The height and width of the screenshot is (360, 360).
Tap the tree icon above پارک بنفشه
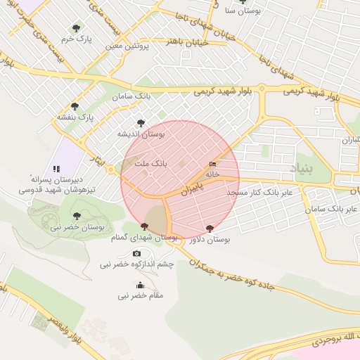point(75,106)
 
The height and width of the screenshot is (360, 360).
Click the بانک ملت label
point(150,162)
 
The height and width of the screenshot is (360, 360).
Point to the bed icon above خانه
point(212,165)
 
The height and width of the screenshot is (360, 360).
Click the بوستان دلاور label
point(210,240)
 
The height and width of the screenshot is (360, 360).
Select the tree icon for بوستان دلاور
point(210,229)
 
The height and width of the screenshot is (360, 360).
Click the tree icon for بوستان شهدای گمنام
point(144,226)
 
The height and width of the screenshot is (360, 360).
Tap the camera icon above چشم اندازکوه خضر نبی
point(136,253)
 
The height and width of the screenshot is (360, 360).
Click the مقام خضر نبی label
point(141,296)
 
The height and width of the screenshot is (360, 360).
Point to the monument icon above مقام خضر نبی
point(140,285)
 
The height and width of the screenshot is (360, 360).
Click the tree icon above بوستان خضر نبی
point(77,217)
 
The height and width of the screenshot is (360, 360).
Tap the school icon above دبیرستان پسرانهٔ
point(56,169)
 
